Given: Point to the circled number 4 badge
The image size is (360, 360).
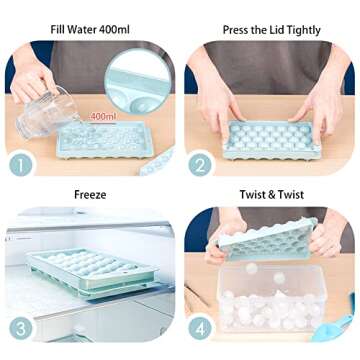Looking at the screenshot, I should [200, 328].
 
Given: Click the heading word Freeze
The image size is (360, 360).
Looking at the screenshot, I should [90, 195].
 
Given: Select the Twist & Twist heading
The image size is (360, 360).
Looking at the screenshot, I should [270, 195].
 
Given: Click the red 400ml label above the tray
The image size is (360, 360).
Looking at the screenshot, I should [103, 117].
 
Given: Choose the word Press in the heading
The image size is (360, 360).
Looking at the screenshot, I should [237, 30].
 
